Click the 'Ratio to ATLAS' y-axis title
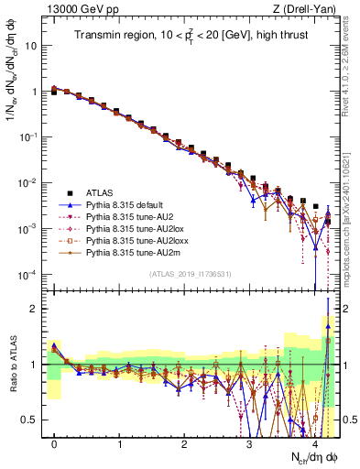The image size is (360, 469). [12, 365]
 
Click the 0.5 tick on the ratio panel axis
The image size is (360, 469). [32, 420]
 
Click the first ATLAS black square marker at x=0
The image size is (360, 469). [55, 93]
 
